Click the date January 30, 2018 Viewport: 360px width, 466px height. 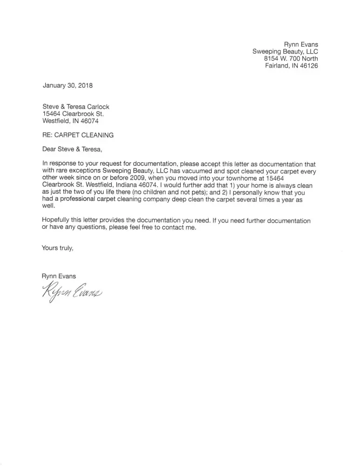[x=67, y=85]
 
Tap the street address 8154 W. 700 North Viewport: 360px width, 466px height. [x=291, y=58]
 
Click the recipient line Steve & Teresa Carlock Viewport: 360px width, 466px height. [x=76, y=107]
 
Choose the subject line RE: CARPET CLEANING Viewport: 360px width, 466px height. [x=78, y=135]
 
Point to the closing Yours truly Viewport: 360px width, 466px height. [x=58, y=248]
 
